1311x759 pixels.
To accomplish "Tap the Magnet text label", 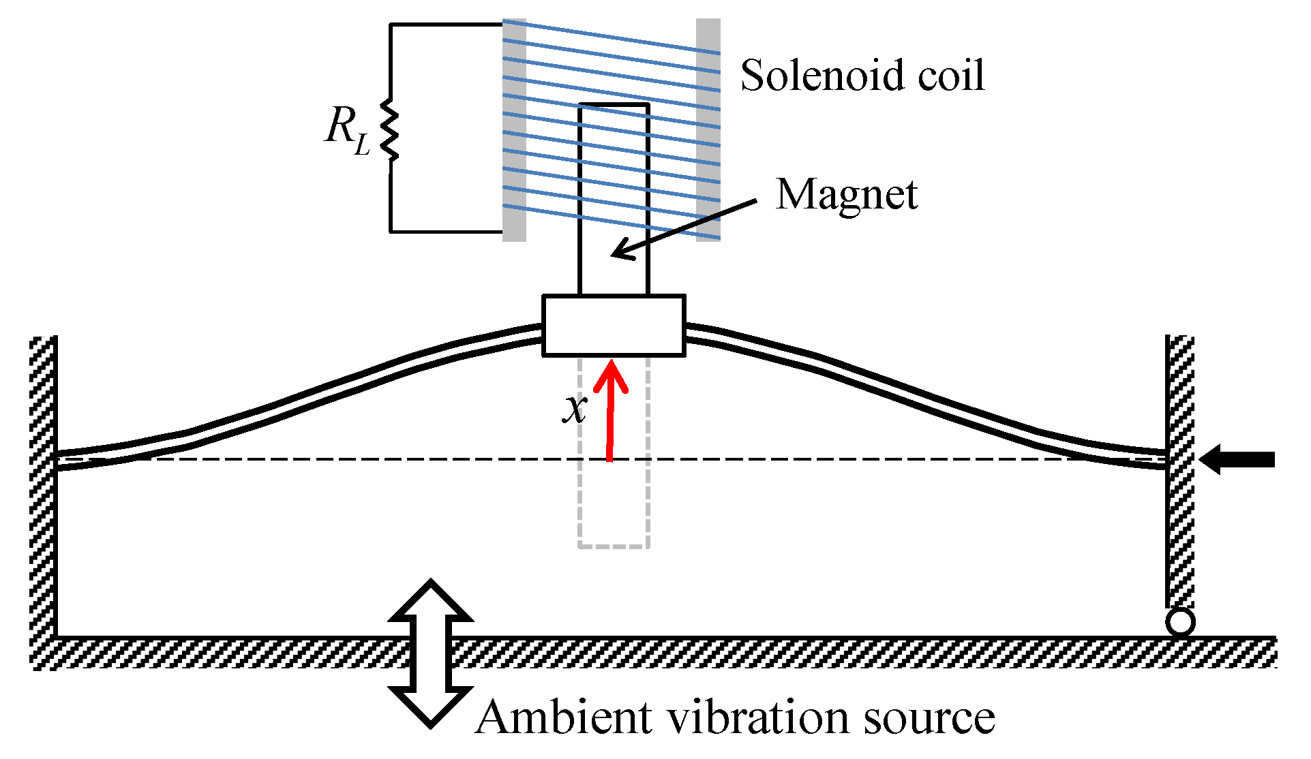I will coord(847,195).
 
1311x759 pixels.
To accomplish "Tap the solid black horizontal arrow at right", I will coord(1237,459).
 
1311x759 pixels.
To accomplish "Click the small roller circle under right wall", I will coord(1180,622).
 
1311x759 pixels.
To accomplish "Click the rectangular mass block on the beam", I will coord(614,326).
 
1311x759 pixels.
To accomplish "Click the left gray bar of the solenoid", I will coord(514,129).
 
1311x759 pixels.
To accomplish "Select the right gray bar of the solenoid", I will coord(708,129).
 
